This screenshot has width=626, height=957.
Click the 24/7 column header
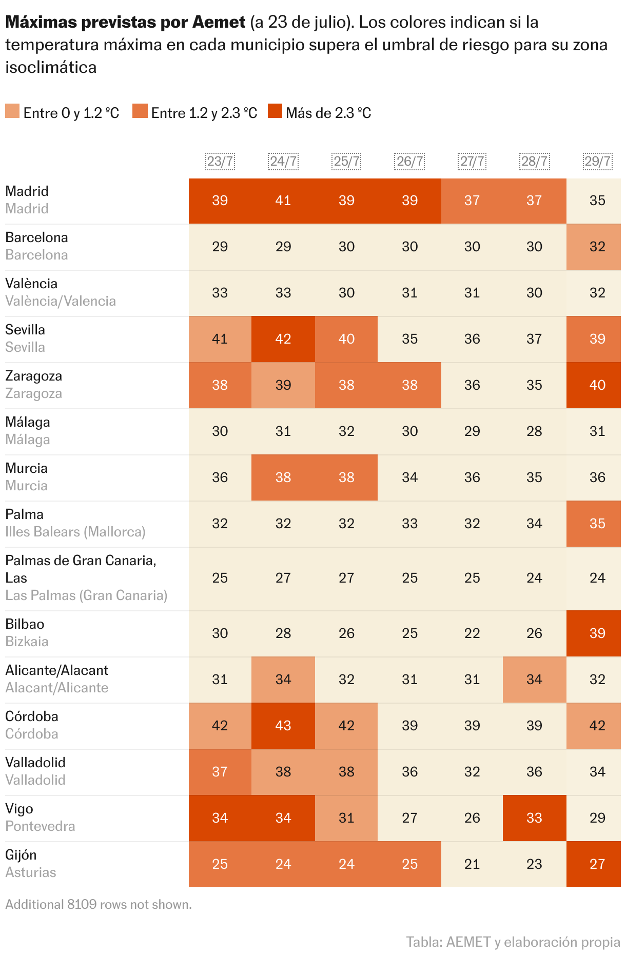coord(283,162)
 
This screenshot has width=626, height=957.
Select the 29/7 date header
coord(597,162)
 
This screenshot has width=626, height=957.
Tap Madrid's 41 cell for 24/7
coord(283,201)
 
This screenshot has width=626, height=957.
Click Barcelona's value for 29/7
coord(597,247)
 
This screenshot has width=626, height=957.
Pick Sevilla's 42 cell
coord(283,339)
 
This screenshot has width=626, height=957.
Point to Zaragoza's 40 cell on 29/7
coord(597,385)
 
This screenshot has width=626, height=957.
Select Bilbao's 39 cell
coord(597,633)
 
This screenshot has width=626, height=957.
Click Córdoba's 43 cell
coord(283,726)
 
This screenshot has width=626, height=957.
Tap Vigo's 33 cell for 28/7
coord(534,818)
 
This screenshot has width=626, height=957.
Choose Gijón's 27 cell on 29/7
coord(597,864)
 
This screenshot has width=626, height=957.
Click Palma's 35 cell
coord(597,524)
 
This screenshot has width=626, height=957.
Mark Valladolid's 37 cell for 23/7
coord(220,772)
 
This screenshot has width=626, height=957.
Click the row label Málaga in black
coord(28,422)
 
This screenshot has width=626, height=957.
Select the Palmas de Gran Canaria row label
coord(81,561)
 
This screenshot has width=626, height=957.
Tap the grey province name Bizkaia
coord(27,642)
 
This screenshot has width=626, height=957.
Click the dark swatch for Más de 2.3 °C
coord(275,111)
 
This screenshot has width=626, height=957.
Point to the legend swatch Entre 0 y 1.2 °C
coord(12,111)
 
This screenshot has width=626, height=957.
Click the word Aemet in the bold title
coord(219,22)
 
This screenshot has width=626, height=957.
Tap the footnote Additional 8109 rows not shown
coord(99,904)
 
